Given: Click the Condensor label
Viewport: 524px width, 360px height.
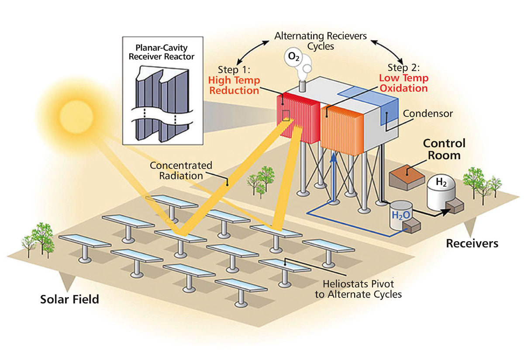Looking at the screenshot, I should click(428, 114).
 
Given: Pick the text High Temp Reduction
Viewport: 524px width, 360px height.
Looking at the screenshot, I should click(234, 86).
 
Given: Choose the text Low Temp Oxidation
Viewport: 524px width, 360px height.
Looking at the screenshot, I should click(403, 83).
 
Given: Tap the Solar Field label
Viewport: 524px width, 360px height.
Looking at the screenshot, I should click(70, 300).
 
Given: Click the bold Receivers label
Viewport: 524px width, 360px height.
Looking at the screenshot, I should click(472, 243).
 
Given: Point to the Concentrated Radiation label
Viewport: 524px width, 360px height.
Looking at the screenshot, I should click(181, 170).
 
